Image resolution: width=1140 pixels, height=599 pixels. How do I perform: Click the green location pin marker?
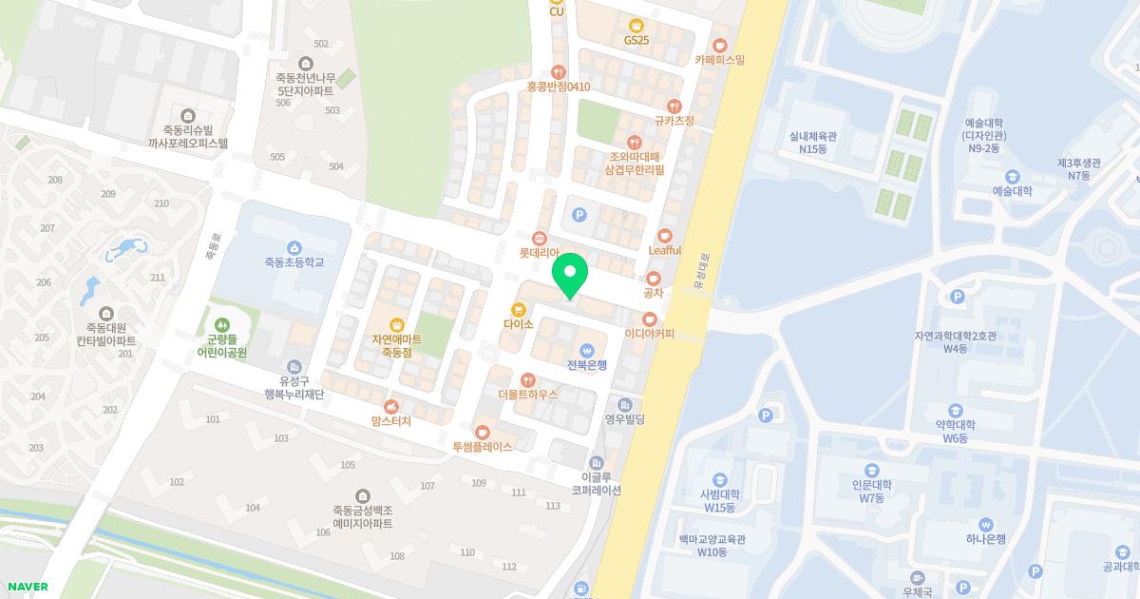point(570,275)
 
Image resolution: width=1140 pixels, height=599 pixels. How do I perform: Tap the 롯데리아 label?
point(539,253)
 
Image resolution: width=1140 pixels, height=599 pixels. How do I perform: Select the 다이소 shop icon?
point(519,309)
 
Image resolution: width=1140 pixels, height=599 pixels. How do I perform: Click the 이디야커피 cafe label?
point(649,334)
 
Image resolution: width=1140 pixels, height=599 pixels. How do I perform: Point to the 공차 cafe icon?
point(654,278)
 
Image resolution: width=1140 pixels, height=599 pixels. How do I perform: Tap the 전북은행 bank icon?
point(586,349)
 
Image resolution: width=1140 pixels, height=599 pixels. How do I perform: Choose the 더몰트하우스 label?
point(527,394)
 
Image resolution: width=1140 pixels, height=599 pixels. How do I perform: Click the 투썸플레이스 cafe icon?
point(483,432)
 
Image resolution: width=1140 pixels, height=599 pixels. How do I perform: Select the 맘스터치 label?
point(390,420)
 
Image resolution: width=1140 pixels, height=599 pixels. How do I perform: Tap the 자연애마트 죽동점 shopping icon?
point(397,325)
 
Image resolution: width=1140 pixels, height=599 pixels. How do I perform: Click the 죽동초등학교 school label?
point(294,261)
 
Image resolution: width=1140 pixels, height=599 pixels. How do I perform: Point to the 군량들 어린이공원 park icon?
point(221,325)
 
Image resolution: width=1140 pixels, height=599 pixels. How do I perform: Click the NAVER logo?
point(28,587)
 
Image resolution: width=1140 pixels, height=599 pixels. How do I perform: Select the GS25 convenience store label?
point(636,40)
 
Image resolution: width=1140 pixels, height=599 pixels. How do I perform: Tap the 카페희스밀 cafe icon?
point(720,45)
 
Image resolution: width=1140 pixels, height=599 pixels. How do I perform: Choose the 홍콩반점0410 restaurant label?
point(559,87)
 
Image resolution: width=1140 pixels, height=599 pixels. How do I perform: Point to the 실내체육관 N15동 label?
point(812,143)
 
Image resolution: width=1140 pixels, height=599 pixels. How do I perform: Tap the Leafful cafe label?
point(665,250)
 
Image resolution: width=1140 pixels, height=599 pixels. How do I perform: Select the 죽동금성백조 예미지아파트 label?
point(363,517)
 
